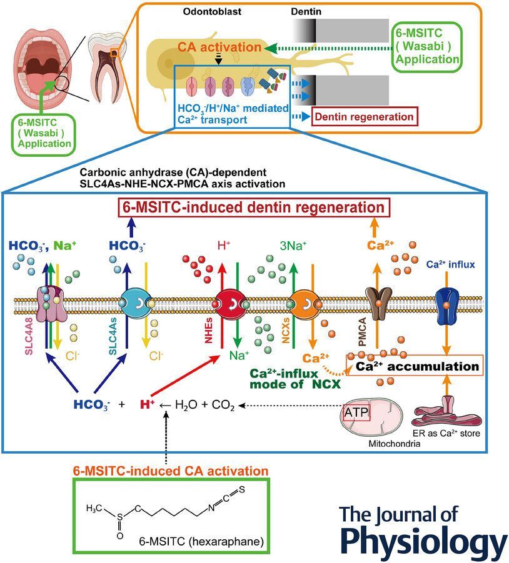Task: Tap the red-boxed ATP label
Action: click(x=356, y=412)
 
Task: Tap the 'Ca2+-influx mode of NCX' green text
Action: click(x=294, y=378)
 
